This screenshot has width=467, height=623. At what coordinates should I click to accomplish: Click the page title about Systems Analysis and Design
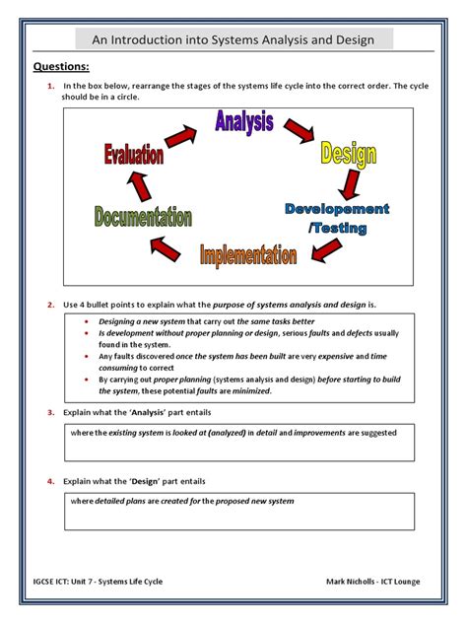point(233,40)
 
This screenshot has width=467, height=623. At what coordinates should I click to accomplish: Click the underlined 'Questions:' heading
point(62,67)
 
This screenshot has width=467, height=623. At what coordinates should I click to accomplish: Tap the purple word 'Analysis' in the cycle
point(245,122)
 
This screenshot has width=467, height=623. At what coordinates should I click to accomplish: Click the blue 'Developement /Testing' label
point(338,218)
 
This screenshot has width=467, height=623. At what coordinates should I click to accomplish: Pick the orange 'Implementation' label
point(248,256)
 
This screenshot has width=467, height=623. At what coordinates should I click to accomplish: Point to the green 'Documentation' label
point(144,217)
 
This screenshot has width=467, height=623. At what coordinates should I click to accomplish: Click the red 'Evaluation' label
point(133,155)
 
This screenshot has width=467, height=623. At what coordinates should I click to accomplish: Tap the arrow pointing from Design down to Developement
point(347,184)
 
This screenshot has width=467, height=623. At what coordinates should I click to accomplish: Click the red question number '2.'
point(50,305)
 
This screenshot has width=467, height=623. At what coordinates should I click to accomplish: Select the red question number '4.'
point(50,481)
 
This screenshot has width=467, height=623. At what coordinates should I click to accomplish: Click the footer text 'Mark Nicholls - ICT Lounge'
point(372,581)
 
